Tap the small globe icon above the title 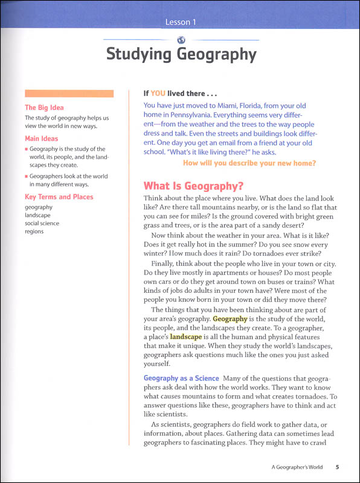coord(181,40)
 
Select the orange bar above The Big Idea coord(69,94)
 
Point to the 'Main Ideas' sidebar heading coord(42,139)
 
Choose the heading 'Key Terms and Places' coord(59,197)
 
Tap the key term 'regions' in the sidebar coord(34,232)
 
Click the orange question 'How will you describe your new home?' coord(249,163)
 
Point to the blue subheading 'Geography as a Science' coord(181,379)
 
